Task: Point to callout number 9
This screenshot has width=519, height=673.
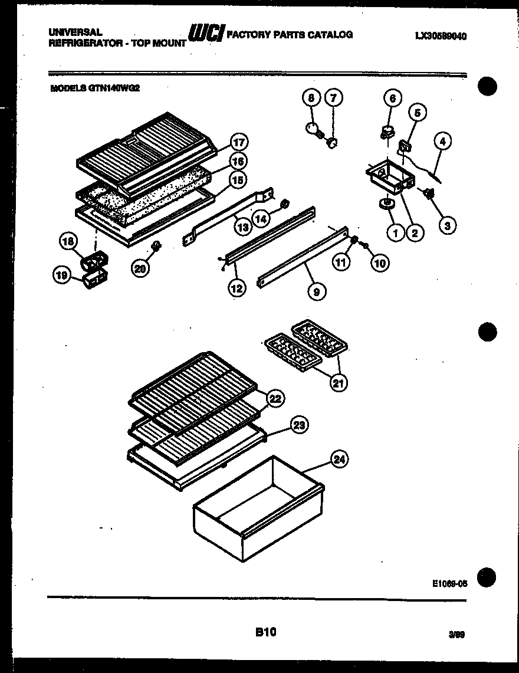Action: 317,290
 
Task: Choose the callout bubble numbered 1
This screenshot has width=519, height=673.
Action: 396,233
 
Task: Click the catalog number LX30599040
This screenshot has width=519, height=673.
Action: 441,36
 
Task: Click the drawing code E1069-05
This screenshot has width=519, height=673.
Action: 449,583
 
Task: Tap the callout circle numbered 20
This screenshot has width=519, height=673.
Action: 140,269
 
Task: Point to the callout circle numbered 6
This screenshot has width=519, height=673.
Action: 393,98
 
